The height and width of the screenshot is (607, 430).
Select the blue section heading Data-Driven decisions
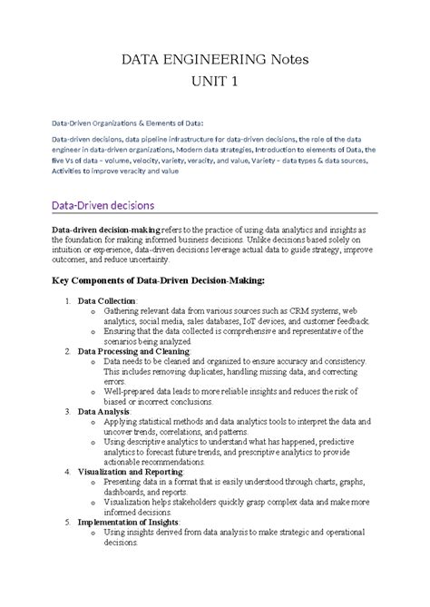[103, 206]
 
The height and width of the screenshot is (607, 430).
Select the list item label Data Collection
[107, 299]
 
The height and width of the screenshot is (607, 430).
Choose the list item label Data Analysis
[103, 411]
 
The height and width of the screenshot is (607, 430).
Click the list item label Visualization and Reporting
[131, 472]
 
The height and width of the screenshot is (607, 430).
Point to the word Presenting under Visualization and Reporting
[124, 482]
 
